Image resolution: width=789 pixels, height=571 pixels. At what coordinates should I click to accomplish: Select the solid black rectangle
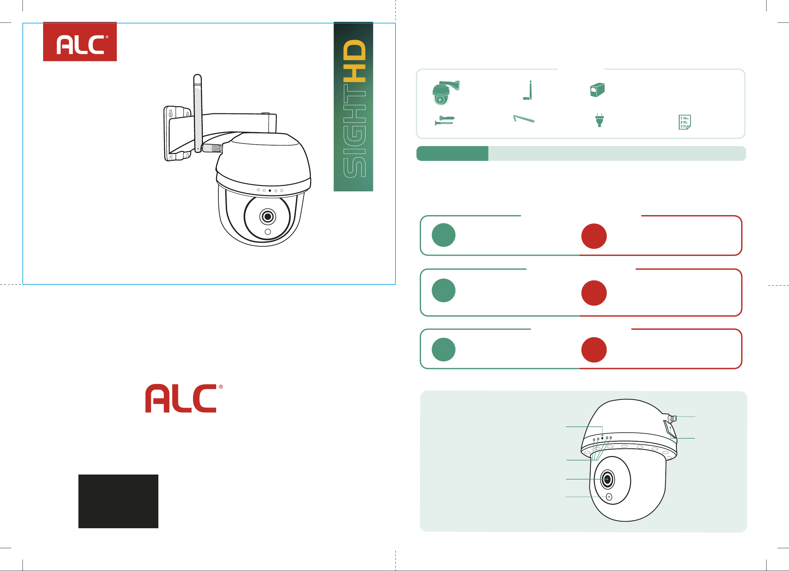tap(118, 501)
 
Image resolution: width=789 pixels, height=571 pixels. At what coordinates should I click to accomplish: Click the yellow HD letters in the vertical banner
tap(354, 61)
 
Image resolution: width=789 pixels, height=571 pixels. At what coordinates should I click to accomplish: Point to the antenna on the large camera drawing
tap(198, 113)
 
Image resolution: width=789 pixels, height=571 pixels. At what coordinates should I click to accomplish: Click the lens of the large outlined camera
tap(267, 217)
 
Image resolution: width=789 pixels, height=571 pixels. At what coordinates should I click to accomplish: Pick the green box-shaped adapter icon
tap(597, 90)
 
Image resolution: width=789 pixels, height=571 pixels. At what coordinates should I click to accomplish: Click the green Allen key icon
tap(524, 119)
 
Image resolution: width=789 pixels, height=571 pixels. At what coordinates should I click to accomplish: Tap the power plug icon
tap(599, 120)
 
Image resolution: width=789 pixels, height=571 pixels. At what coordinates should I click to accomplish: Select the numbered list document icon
tap(685, 122)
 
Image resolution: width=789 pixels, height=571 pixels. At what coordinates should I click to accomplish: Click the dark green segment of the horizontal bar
tap(452, 153)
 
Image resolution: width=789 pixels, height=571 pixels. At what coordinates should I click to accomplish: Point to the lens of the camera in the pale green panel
tap(608, 479)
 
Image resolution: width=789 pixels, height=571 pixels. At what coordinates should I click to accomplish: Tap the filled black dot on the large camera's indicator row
tap(270, 190)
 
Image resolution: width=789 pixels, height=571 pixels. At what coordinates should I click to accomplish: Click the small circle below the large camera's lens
tap(267, 232)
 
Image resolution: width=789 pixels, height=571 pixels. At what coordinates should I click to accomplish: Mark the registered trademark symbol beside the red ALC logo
tap(221, 387)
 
